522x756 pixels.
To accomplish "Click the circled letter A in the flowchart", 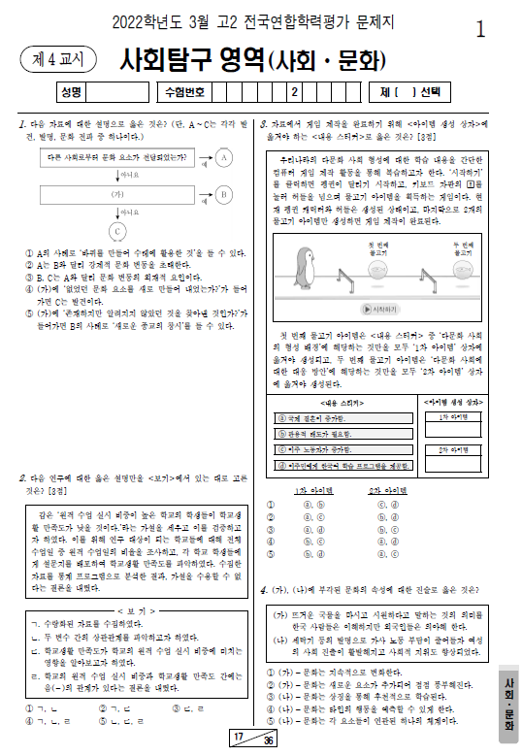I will (222, 157).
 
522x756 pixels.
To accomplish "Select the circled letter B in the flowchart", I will (222, 194).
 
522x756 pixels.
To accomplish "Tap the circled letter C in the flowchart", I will (117, 231).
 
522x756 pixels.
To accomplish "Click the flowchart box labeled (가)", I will (117, 194).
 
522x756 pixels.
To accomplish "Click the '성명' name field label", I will (70, 92).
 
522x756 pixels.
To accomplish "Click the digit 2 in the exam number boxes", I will (292, 92).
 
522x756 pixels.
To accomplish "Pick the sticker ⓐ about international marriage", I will (342, 417).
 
